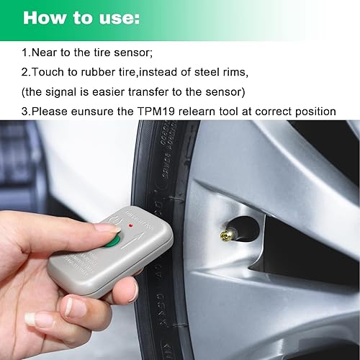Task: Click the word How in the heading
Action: coord(45,17)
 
